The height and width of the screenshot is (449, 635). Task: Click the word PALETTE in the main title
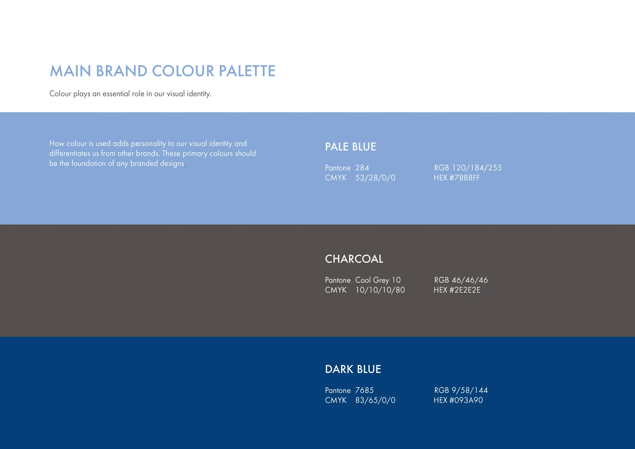(247, 71)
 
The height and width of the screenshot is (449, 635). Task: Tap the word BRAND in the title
(121, 71)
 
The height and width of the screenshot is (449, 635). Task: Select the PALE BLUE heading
(351, 147)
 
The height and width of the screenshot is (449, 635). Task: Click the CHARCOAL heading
(354, 259)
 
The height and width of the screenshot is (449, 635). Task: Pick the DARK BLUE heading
(353, 369)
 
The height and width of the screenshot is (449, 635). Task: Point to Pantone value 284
(362, 168)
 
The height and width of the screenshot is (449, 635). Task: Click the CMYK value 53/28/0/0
(375, 178)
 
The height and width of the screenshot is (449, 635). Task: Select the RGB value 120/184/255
(477, 168)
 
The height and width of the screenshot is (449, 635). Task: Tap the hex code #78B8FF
(465, 178)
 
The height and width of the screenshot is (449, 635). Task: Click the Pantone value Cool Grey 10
(378, 280)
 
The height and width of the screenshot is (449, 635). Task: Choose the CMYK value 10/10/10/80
(380, 290)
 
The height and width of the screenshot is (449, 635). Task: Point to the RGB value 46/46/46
(470, 280)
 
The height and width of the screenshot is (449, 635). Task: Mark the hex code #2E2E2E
(465, 290)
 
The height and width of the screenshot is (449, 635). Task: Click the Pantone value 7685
(364, 390)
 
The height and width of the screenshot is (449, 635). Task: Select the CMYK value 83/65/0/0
(375, 400)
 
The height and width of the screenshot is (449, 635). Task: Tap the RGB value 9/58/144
(470, 390)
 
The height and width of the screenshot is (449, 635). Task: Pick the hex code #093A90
(466, 400)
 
